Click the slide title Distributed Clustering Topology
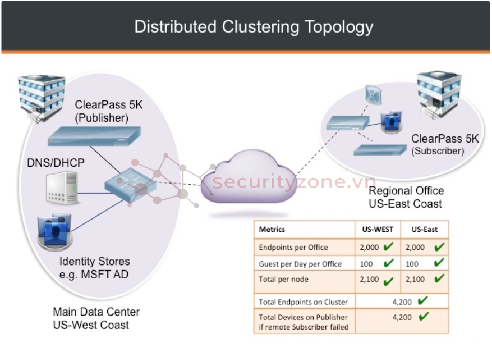[x=254, y=26]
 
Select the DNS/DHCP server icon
[x=62, y=188]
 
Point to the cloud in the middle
[x=247, y=177]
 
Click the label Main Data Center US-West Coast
[x=96, y=318]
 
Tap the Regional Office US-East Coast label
[x=406, y=198]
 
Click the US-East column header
[x=424, y=229]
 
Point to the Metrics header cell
[x=272, y=229]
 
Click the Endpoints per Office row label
[x=293, y=247]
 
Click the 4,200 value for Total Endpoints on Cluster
[x=402, y=301]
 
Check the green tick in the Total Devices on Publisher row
[x=424, y=317]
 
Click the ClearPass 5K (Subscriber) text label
[x=445, y=144]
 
